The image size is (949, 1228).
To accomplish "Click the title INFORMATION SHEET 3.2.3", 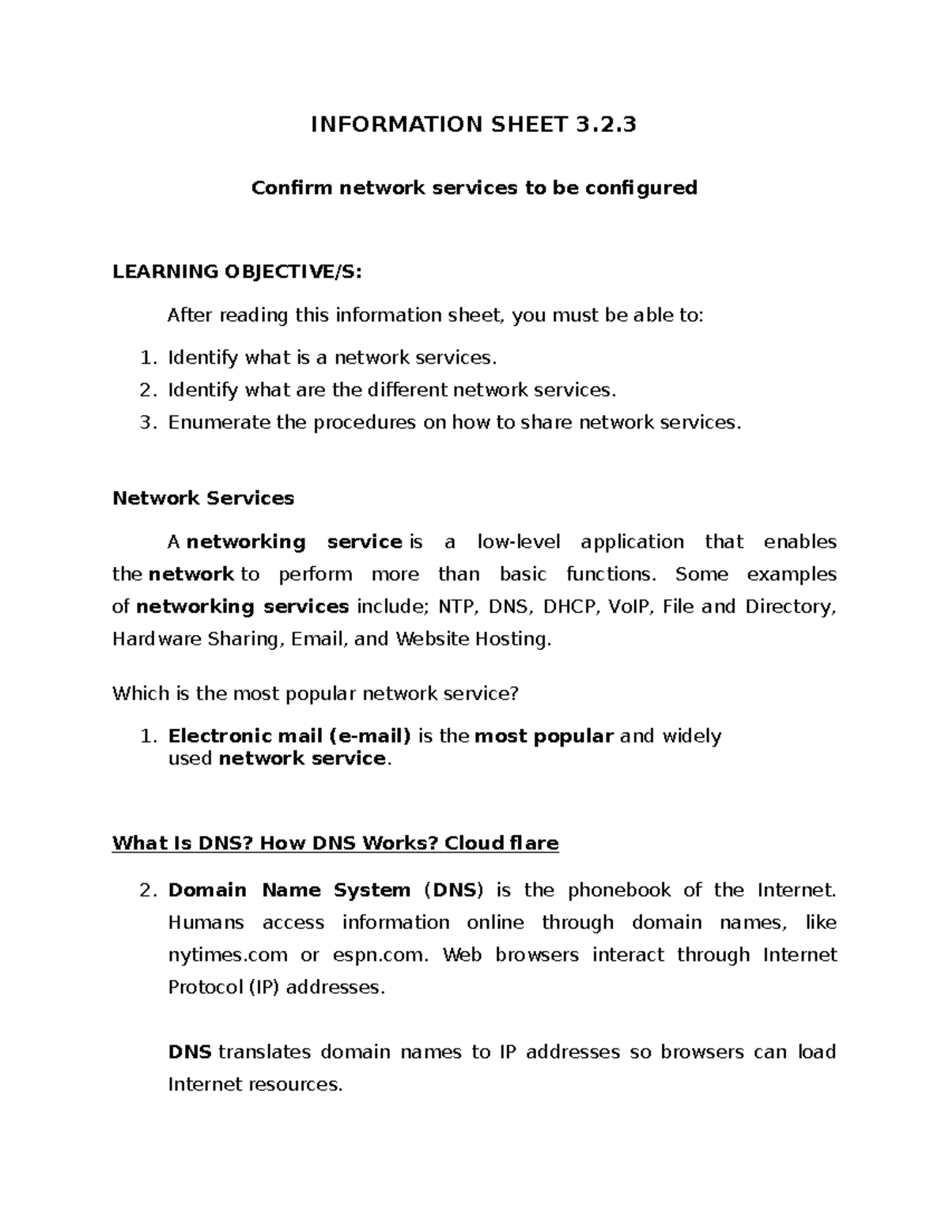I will coord(473,124).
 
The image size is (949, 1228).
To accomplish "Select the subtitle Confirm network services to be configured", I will coord(474,188).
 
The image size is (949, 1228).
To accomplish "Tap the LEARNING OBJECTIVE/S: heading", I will coord(237,272).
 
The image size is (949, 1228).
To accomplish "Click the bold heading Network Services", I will coord(203,498).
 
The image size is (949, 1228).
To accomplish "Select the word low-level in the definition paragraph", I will coord(519,542).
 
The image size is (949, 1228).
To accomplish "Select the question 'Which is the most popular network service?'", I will coord(316,694).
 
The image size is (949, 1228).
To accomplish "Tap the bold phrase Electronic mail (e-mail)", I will coord(289,736).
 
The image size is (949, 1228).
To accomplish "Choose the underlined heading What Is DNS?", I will coord(182,844).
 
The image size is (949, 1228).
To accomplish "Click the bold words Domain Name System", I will coord(289,890).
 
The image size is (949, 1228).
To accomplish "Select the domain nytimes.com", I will coord(228,955).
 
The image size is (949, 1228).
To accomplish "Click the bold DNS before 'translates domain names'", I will coord(190,1052).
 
